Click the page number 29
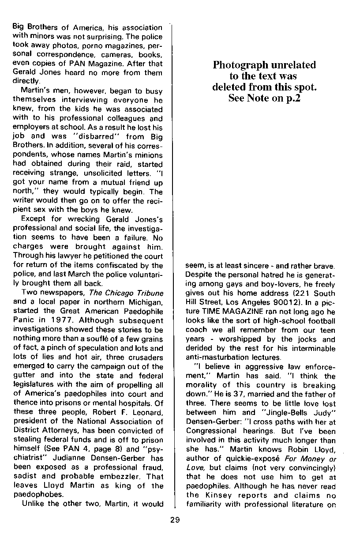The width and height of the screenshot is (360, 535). (175, 520)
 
